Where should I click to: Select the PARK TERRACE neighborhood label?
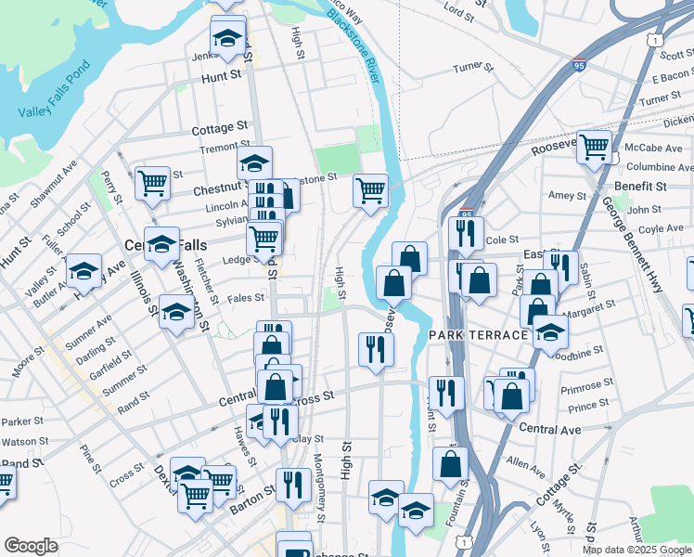click(x=477, y=334)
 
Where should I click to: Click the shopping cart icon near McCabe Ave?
click(x=594, y=146)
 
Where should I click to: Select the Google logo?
click(x=31, y=546)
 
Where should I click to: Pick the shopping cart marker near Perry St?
click(x=152, y=182)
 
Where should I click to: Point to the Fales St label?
click(x=246, y=298)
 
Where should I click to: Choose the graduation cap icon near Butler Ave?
click(x=84, y=271)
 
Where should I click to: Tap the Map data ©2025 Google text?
click(x=636, y=550)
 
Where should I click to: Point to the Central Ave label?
click(x=550, y=430)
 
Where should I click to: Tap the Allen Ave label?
click(x=526, y=460)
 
